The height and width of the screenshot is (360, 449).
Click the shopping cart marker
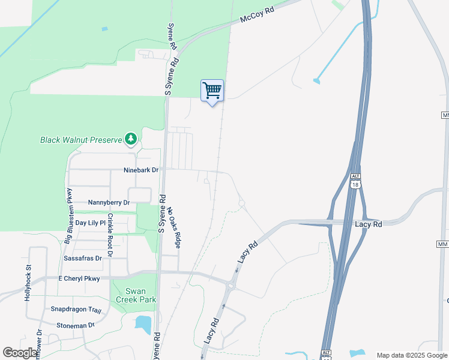pos(212,91)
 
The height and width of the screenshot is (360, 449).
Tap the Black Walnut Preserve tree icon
pos(131,140)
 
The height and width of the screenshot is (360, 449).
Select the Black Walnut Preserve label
pos(81,140)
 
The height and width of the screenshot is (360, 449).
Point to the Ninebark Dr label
pos(140,170)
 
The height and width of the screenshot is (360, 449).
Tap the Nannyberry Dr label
pos(109,203)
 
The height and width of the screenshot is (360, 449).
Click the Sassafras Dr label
pos(83,258)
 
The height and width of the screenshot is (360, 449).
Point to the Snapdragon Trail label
pos(76,310)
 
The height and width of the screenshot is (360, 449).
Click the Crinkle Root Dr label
pos(110,235)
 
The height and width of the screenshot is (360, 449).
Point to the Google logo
pos(20,353)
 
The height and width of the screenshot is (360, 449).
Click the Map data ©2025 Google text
pos(412,355)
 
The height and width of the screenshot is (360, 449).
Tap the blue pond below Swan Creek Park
pos(143,325)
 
